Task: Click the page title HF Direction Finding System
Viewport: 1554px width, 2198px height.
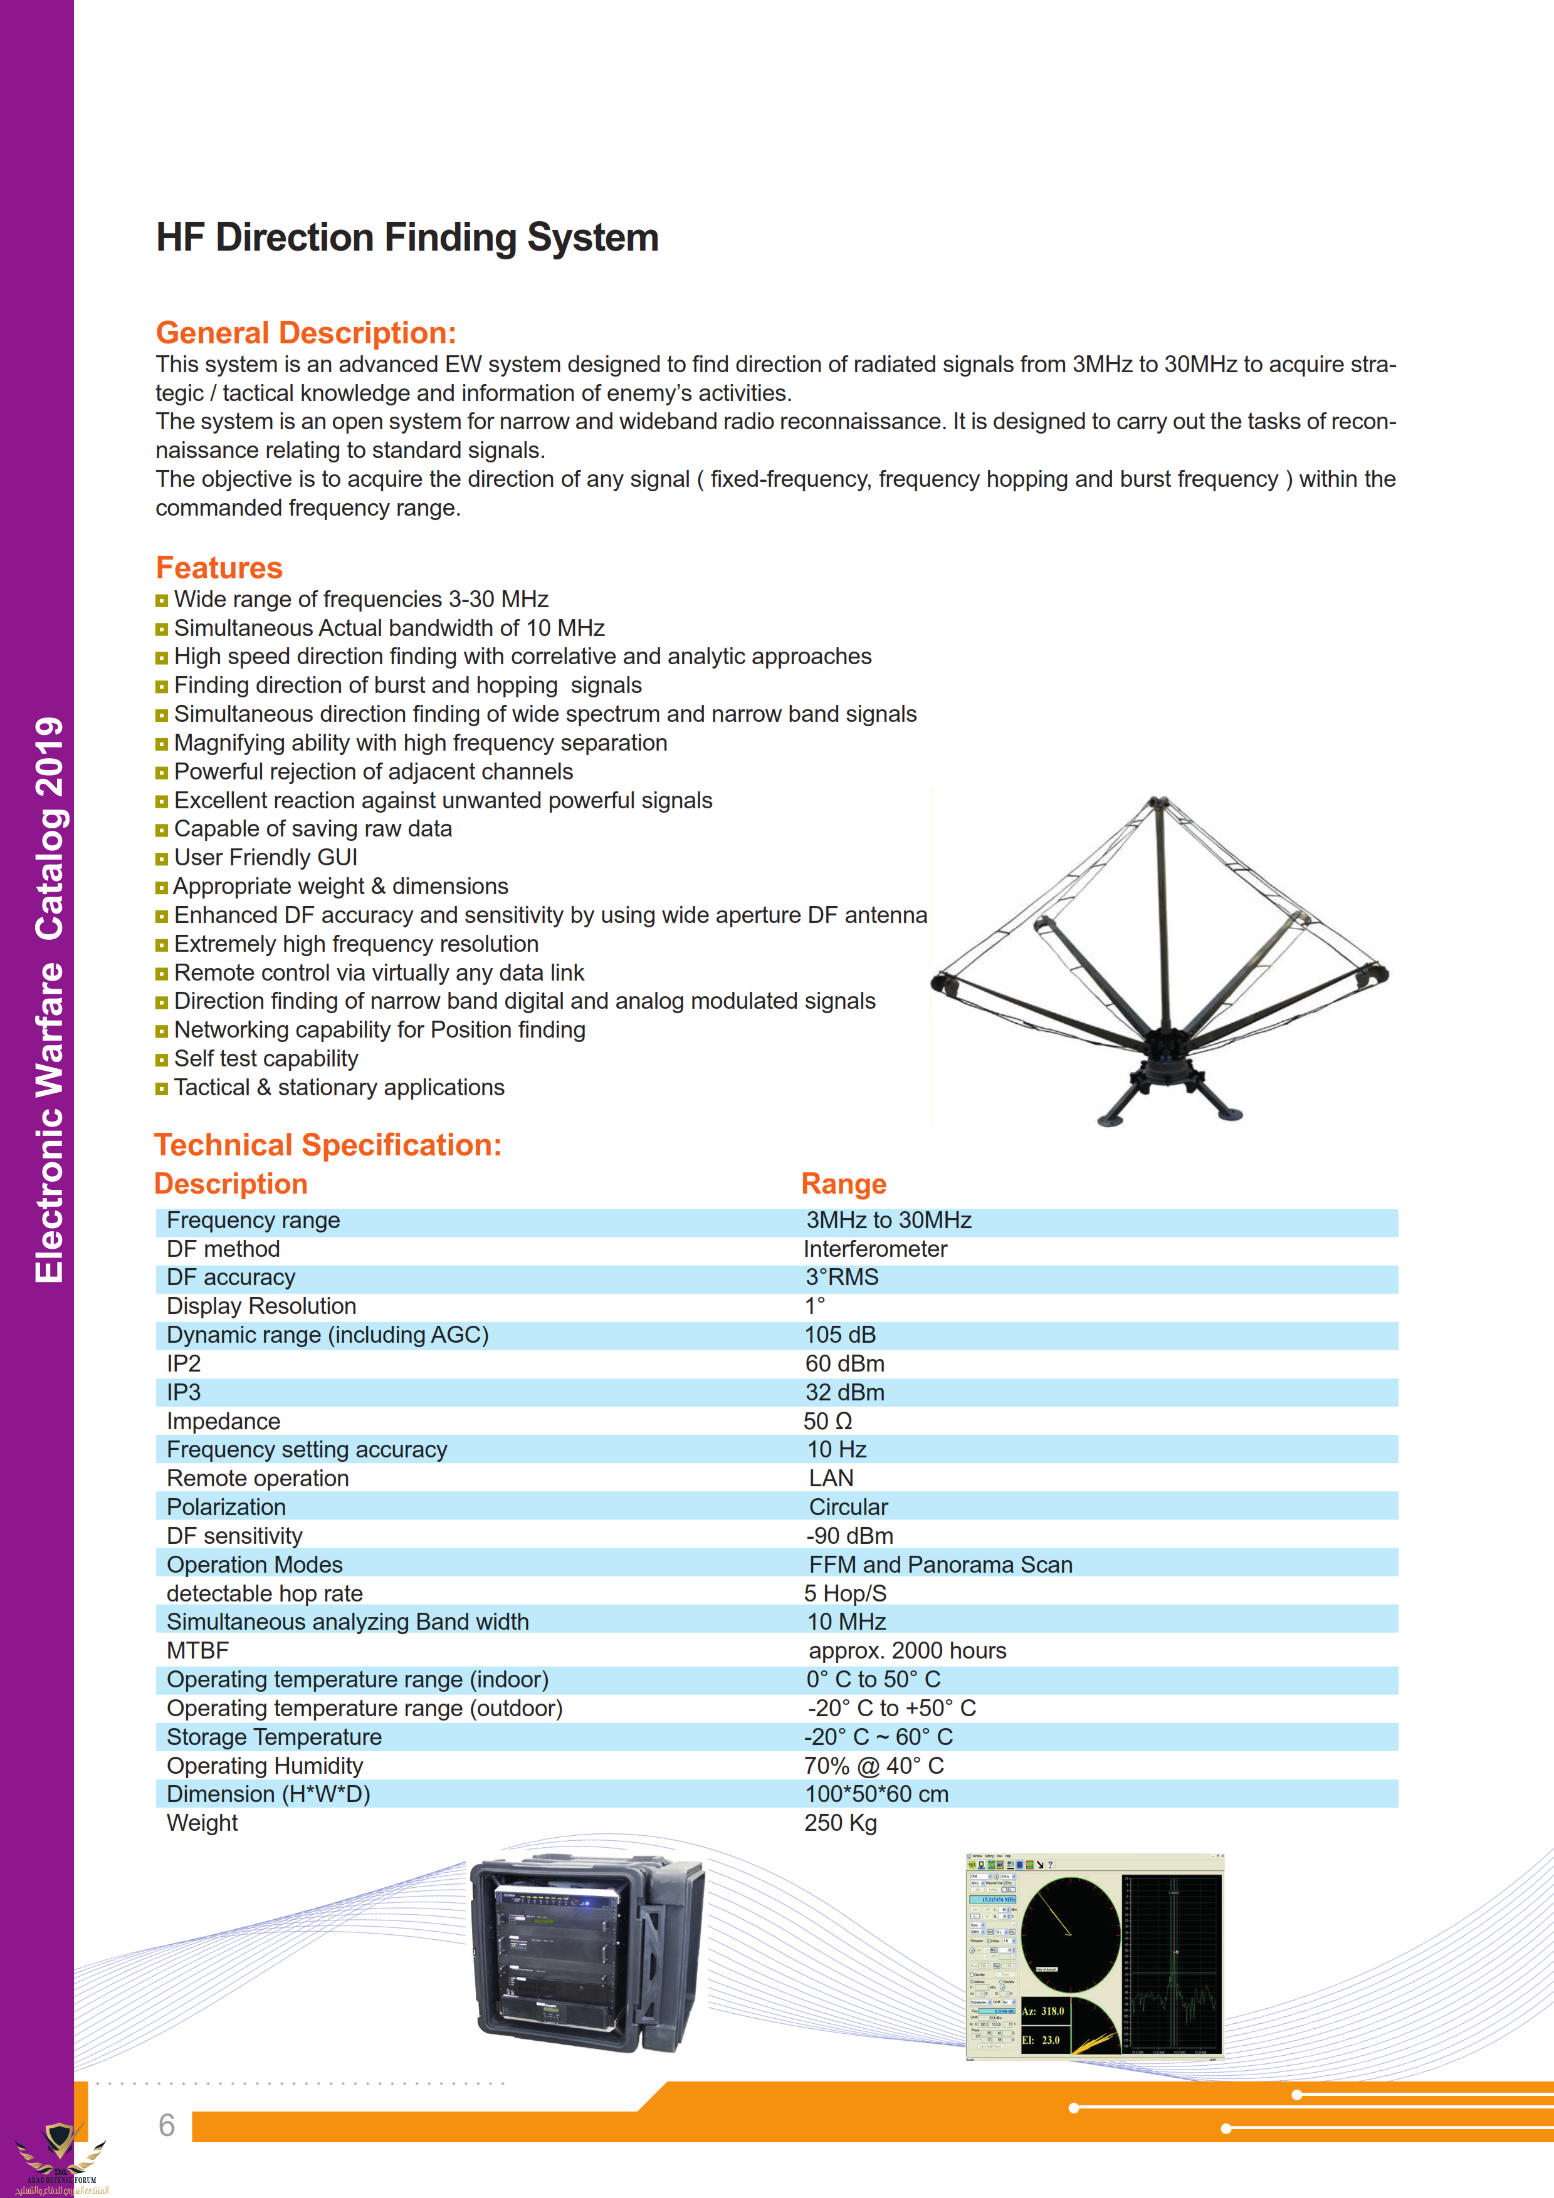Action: point(407,237)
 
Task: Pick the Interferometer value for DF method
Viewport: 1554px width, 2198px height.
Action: point(874,1249)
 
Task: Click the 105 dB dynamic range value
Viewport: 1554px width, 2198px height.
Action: point(840,1335)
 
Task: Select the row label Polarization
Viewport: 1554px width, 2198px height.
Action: point(226,1507)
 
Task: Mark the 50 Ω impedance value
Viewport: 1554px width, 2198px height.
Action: point(827,1422)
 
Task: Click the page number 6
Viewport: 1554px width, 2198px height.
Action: point(167,2125)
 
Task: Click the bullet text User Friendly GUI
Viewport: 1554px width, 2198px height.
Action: point(265,858)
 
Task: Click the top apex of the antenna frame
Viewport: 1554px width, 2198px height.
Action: point(1158,802)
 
